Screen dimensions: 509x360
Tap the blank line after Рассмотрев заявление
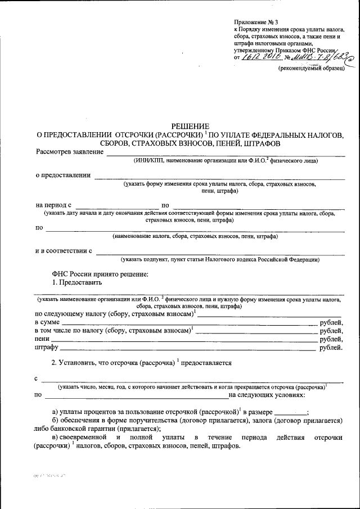[225, 152]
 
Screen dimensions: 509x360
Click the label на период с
[54, 205]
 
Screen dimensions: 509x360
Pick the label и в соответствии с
[64, 250]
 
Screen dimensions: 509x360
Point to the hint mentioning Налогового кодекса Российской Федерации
[220, 260]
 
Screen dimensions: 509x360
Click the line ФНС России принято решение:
[100, 273]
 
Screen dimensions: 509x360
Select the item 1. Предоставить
[77, 282]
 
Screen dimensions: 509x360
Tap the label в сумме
[48, 322]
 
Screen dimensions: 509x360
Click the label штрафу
[47, 349]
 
